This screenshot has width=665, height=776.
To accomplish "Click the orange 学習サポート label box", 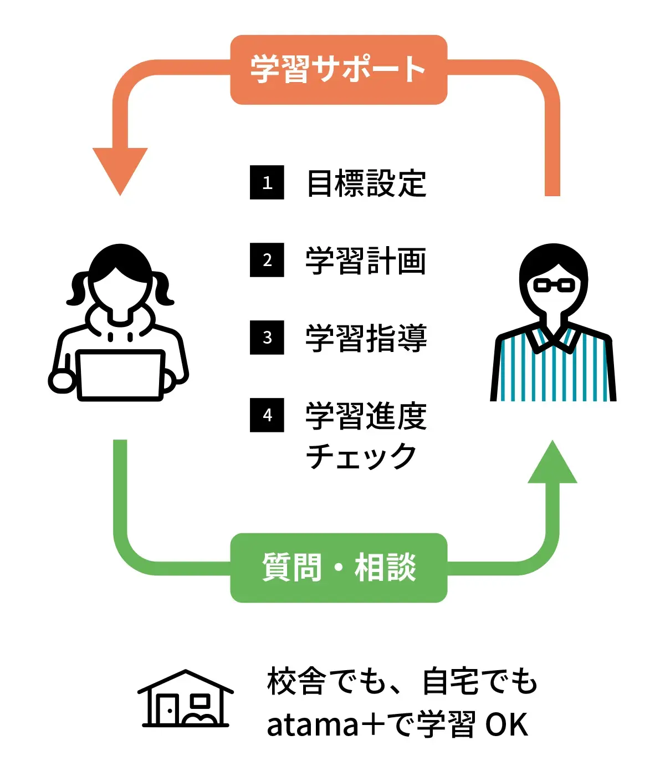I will pyautogui.click(x=338, y=70).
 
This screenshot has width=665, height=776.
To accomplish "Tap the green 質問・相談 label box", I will pyautogui.click(x=338, y=568).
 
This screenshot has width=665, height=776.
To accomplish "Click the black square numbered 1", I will pyautogui.click(x=267, y=182).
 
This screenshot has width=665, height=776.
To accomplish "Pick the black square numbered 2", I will pyautogui.click(x=267, y=260).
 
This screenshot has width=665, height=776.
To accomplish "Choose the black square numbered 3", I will pyautogui.click(x=267, y=338).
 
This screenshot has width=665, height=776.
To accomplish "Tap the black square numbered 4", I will pyautogui.click(x=267, y=415).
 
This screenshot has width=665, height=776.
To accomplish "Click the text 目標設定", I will pyautogui.click(x=366, y=183).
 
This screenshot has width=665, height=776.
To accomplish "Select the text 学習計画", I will pyautogui.click(x=366, y=261).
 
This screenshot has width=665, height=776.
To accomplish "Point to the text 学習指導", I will pyautogui.click(x=366, y=338).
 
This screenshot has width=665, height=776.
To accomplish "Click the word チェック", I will pyautogui.click(x=361, y=456).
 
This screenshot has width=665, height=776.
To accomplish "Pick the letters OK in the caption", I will pyautogui.click(x=507, y=725).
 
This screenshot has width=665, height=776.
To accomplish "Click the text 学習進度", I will pyautogui.click(x=366, y=416).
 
